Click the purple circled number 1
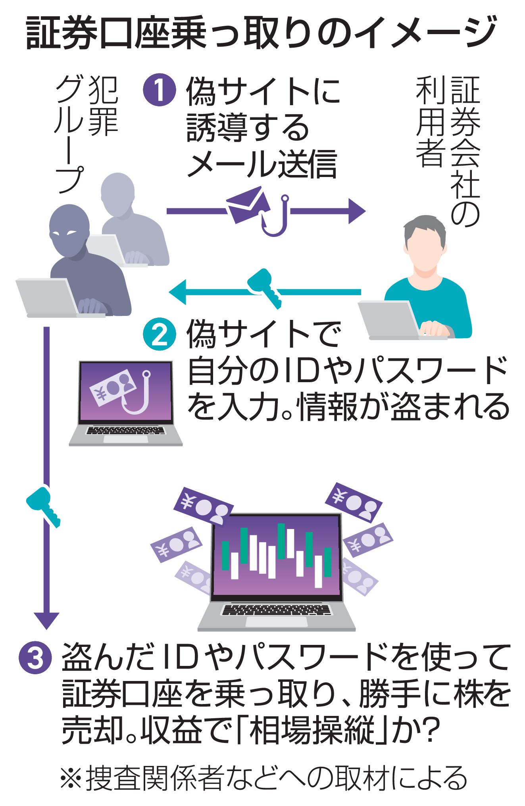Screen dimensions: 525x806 click(159, 90)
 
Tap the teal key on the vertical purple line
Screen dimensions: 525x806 click(44, 506)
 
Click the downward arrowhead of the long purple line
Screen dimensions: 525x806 click(46, 617)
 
